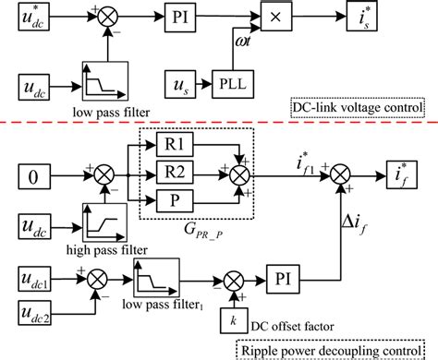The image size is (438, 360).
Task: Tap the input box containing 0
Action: click(x=32, y=170)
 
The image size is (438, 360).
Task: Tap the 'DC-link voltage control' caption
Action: click(x=357, y=106)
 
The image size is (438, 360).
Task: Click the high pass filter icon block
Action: click(x=101, y=224)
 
